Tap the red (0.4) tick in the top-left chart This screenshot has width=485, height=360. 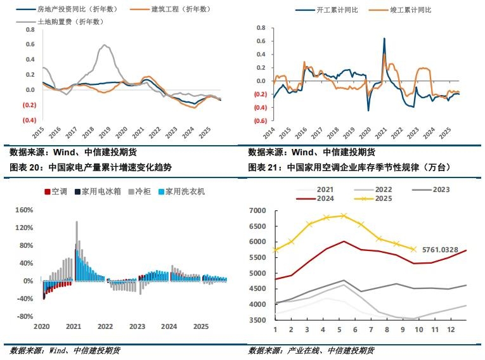point(30,120)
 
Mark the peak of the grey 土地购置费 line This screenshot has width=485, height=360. point(104,45)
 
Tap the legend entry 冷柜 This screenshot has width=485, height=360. point(141,191)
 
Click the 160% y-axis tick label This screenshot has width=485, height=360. point(23,210)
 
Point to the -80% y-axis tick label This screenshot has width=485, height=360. point(23,316)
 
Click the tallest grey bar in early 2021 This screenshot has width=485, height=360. point(77,222)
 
